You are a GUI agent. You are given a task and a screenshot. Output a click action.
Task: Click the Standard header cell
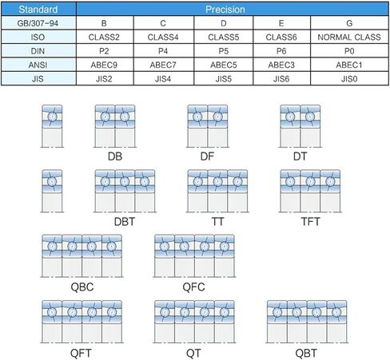(38, 10)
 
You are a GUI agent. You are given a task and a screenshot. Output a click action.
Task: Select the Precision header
(225, 10)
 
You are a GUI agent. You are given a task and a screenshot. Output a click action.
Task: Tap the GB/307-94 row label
(38, 23)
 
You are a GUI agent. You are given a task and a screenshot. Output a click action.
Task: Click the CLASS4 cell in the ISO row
(163, 37)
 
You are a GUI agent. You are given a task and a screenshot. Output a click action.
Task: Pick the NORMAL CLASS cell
(349, 37)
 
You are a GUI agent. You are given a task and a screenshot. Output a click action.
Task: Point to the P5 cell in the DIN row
(224, 51)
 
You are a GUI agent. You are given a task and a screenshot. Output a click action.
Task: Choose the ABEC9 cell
(104, 65)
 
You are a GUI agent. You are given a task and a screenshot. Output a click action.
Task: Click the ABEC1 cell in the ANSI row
(349, 65)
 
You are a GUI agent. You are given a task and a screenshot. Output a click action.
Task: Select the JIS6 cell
(281, 79)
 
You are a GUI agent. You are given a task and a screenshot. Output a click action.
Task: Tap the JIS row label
(38, 79)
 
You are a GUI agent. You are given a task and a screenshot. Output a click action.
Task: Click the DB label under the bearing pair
(115, 156)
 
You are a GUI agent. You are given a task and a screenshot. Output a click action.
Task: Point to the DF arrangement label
(207, 156)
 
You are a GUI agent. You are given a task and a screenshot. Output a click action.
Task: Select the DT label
(300, 156)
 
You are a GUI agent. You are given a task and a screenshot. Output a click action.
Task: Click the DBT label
(125, 221)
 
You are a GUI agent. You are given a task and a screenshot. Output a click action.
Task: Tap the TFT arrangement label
(310, 221)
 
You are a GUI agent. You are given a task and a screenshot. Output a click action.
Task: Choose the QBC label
(82, 287)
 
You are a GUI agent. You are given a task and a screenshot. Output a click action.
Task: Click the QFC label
(194, 287)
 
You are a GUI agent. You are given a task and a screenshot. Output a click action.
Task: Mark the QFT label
(81, 353)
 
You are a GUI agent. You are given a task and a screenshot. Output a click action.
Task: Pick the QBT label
(306, 353)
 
